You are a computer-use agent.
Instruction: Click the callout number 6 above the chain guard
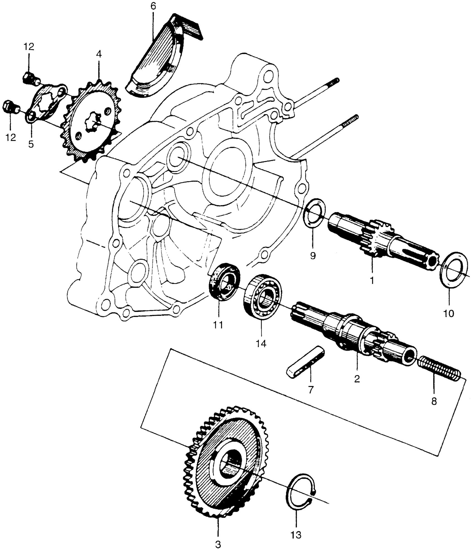pyautogui.click(x=153, y=7)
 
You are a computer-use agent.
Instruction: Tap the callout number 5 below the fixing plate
pyautogui.click(x=31, y=144)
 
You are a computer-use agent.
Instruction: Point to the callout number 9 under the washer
pyautogui.click(x=313, y=256)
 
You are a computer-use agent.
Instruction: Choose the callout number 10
pyautogui.click(x=449, y=313)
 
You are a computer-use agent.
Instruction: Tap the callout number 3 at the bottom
pyautogui.click(x=218, y=544)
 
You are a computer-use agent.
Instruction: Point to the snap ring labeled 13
pyautogui.click(x=301, y=495)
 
